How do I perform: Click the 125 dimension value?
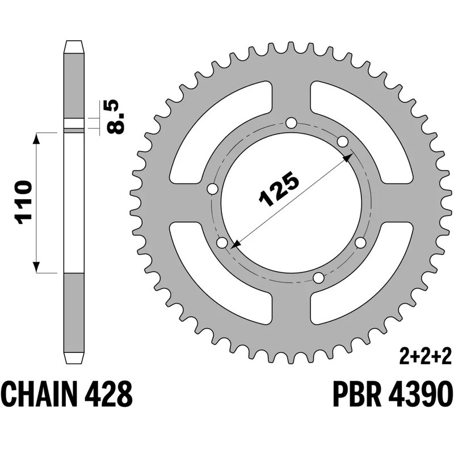click(x=279, y=189)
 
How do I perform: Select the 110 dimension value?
click(x=23, y=202)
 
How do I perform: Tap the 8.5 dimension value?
click(x=115, y=117)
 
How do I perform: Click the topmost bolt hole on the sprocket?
click(x=291, y=123)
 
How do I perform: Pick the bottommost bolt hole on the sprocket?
click(x=319, y=278)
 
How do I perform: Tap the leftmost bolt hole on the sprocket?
click(x=213, y=189)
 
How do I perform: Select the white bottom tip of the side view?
click(x=74, y=359)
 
